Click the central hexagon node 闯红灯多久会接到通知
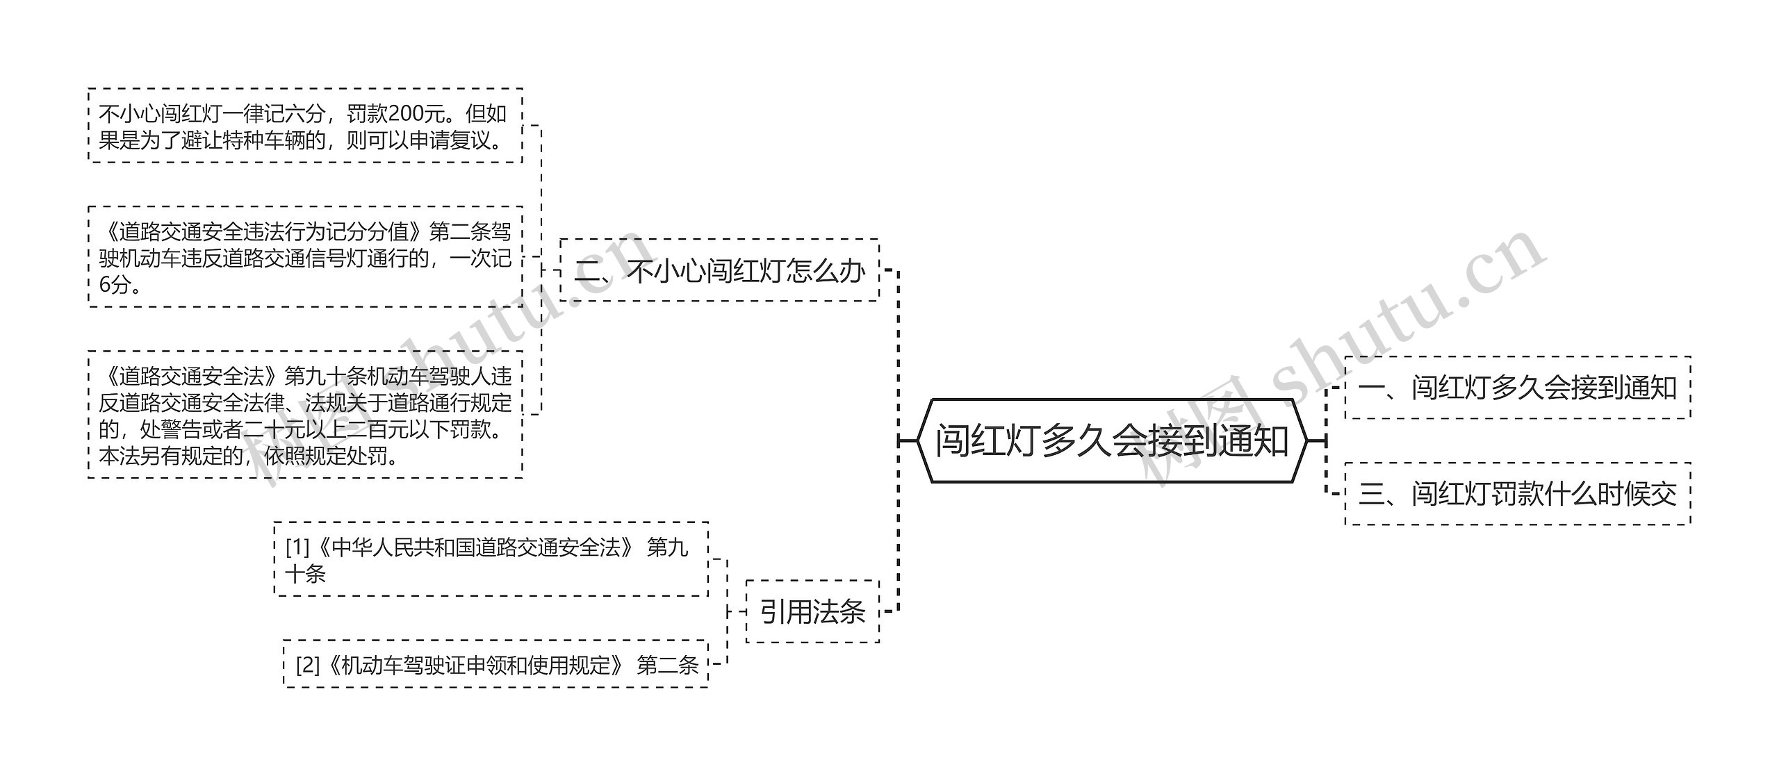click(1111, 440)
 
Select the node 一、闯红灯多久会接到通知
click(1518, 388)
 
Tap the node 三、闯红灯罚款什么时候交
click(1518, 494)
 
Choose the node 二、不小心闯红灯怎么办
click(719, 270)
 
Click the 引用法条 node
click(812, 611)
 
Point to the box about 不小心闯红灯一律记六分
click(305, 126)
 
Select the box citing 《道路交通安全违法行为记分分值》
click(305, 257)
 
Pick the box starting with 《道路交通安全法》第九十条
click(305, 415)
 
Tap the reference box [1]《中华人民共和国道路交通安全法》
click(491, 560)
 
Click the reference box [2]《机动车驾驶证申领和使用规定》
click(495, 665)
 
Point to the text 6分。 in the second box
click(120, 284)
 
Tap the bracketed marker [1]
click(297, 547)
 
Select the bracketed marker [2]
click(307, 665)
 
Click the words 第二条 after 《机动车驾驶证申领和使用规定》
click(667, 665)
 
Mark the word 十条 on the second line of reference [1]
click(306, 574)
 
